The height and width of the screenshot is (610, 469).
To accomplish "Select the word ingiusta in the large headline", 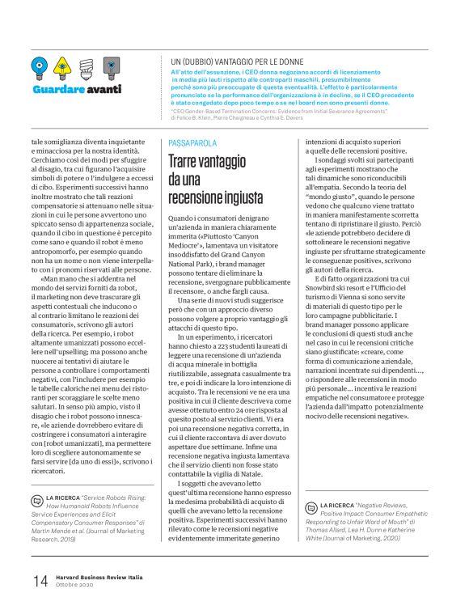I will click(240, 197).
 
